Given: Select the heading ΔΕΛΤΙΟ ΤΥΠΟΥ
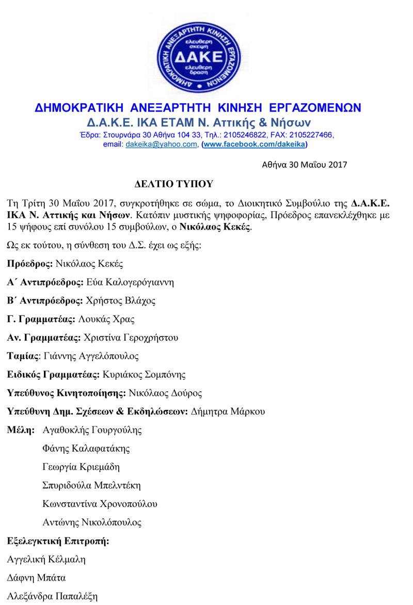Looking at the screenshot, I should point(174,183).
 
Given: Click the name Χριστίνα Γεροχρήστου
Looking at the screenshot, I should point(131,338).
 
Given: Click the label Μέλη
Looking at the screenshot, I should point(21,429).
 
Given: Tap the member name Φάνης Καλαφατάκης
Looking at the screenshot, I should point(86,448).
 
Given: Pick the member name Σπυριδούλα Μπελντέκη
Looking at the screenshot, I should point(91,485).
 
